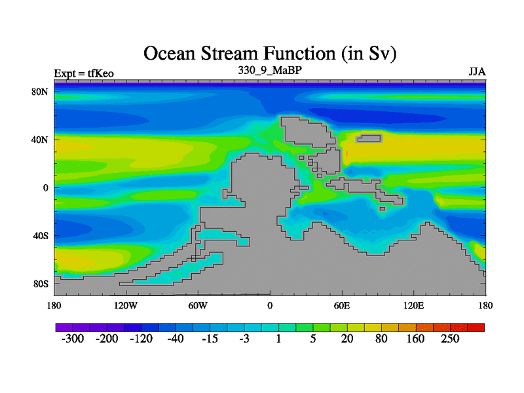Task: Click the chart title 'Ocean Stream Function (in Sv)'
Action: coord(270,54)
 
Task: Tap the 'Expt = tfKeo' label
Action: coord(84,73)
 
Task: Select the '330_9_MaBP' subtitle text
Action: coord(270,70)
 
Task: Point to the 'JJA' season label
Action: coord(477,72)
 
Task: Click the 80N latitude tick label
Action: coord(40,92)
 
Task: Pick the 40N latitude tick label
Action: coord(40,140)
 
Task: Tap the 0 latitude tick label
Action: coord(45,188)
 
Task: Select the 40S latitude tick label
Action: coord(41,236)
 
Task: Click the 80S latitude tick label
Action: coord(41,284)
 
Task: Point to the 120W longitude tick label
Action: coord(126,305)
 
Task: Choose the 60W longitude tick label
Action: coord(198,305)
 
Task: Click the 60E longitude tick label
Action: coord(342,305)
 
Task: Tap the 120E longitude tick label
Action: coord(414,305)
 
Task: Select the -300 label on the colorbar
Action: coord(73,339)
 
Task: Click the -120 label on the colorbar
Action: coord(141,339)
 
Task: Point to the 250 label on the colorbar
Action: coord(450,339)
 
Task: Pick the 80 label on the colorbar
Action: coord(381,339)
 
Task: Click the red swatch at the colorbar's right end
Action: coord(476,327)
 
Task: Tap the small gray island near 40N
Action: coord(369,138)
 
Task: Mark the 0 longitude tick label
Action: coord(270,305)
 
